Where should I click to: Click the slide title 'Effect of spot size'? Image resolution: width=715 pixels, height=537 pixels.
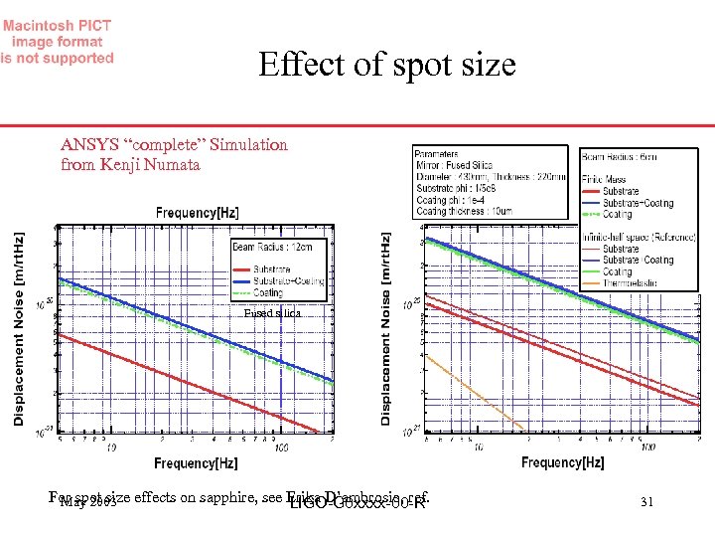386,65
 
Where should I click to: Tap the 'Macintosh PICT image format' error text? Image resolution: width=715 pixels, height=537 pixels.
57,42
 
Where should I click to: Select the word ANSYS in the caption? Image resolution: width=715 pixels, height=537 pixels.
88,144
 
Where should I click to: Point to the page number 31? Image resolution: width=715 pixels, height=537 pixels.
646,502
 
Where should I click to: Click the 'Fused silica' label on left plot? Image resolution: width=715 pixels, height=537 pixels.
271,313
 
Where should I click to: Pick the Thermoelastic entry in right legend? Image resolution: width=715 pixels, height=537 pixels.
635,283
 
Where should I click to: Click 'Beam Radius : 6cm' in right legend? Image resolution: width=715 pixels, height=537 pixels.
619,157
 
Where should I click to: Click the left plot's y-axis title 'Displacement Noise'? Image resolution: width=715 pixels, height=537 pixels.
19,329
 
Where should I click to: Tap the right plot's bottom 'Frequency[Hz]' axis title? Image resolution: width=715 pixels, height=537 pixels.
562,462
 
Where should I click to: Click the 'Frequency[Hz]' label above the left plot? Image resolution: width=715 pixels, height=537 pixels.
197,213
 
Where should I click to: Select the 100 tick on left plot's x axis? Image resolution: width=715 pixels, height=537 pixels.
282,447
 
